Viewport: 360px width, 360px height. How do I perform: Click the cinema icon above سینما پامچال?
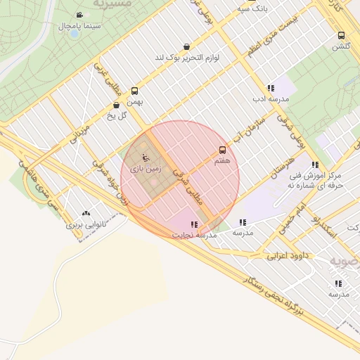tap(79, 15)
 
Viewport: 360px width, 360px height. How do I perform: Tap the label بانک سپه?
tap(252, 8)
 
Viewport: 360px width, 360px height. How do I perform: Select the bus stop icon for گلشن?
tap(341, 35)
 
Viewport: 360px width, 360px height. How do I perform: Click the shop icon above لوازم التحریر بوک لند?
tap(186, 46)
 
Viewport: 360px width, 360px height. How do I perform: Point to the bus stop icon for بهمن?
tap(135, 91)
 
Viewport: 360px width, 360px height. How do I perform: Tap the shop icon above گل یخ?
tap(116, 105)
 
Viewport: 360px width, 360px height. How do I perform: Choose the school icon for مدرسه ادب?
tap(270, 89)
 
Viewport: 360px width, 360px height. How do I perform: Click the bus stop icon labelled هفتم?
tap(222, 150)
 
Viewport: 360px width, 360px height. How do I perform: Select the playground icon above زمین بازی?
tap(146, 158)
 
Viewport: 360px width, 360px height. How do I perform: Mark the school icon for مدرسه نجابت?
tap(193, 224)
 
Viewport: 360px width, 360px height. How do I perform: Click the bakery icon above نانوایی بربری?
tap(86, 213)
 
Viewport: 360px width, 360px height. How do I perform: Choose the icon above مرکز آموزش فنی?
tap(316, 165)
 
